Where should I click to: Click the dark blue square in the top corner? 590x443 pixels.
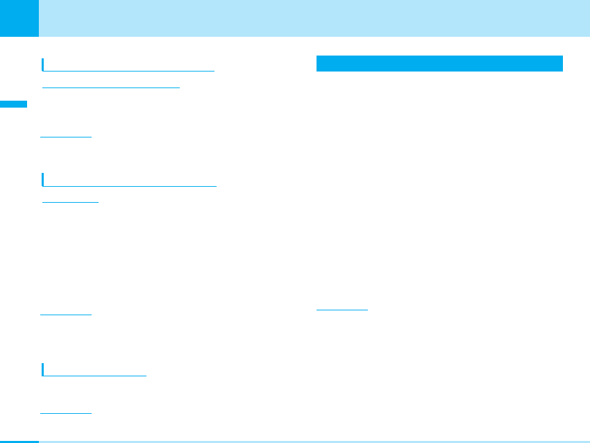coord(19,18)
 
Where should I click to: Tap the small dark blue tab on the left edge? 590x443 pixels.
coord(14,104)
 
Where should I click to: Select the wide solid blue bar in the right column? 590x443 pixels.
coord(439,63)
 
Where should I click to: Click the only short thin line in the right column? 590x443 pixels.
coord(342,310)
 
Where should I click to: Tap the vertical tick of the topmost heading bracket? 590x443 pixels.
coord(42,65)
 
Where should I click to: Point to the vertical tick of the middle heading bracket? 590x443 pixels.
coord(42,180)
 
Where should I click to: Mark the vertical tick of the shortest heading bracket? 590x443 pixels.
coord(42,369)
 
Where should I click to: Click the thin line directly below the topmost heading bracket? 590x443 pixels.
coord(110,87)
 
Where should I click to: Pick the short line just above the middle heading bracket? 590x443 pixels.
coord(65,137)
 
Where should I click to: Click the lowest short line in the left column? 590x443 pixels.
coord(65,413)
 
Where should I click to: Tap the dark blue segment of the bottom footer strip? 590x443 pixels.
coord(19,441)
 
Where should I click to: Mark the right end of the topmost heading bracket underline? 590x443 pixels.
coord(213,71)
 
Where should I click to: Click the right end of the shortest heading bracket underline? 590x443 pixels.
coord(146,376)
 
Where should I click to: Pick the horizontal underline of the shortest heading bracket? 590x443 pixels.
coord(94,376)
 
